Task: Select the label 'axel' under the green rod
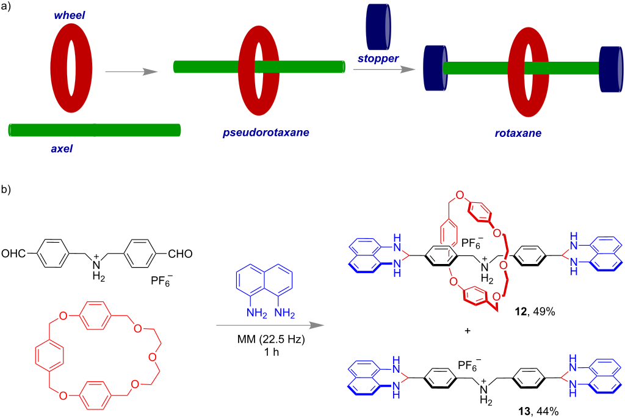click(x=61, y=148)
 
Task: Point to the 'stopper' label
click(x=377, y=59)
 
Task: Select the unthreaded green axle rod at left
click(x=95, y=130)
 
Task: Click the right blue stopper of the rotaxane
click(x=610, y=67)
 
